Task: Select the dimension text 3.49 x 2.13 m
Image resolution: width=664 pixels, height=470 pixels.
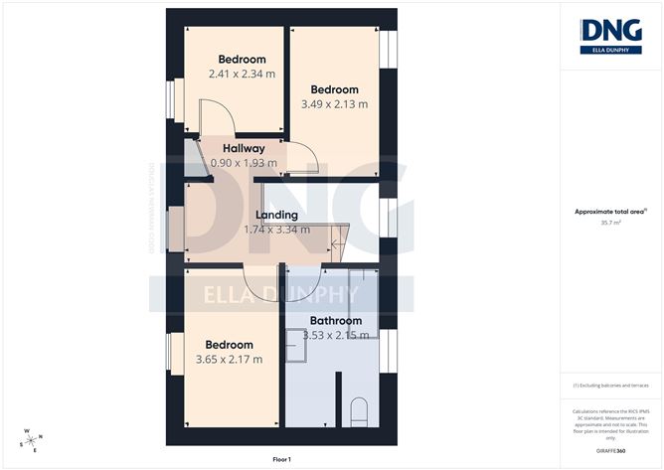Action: click(334, 103)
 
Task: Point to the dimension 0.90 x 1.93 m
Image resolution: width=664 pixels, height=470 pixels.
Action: click(244, 162)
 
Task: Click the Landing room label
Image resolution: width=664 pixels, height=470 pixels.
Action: click(276, 215)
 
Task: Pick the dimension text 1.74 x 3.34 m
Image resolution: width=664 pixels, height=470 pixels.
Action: click(276, 230)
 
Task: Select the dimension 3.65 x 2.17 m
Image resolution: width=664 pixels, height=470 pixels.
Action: click(229, 359)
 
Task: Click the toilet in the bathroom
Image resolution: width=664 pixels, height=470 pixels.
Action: click(361, 412)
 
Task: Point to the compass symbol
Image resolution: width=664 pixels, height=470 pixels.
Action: click(33, 438)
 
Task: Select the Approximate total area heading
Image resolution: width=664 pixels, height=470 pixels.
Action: click(609, 211)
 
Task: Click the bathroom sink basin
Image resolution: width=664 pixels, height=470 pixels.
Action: click(295, 343)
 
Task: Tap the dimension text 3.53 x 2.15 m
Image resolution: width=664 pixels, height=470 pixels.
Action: click(336, 335)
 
